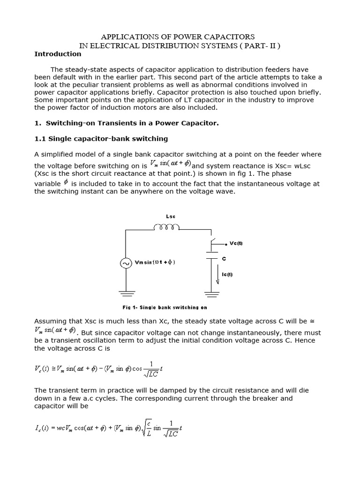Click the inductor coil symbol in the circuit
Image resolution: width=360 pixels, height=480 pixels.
click(x=167, y=228)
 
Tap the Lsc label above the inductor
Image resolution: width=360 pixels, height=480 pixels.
click(x=171, y=217)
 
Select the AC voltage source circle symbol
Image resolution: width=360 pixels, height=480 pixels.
click(x=126, y=263)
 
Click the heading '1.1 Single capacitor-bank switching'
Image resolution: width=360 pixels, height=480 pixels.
click(x=101, y=139)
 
